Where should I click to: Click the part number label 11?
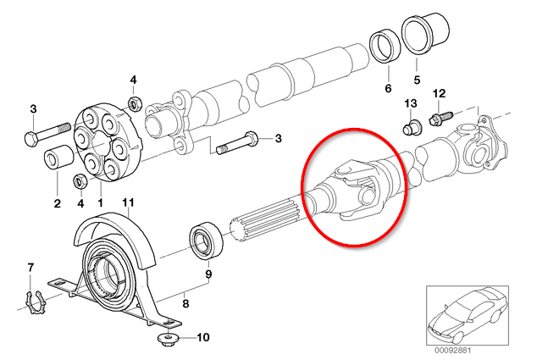point(129,202)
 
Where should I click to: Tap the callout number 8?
point(185,303)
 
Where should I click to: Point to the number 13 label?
point(411,103)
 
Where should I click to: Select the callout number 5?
point(417,80)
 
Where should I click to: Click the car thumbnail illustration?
point(468,316)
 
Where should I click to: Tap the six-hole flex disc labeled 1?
point(107,141)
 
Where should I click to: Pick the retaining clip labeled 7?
point(34,302)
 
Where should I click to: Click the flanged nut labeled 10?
point(169,339)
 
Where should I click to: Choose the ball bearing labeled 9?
point(206,240)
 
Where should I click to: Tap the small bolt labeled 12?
point(440,118)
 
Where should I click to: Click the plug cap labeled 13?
point(412,127)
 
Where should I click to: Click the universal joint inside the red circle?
point(357,188)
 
